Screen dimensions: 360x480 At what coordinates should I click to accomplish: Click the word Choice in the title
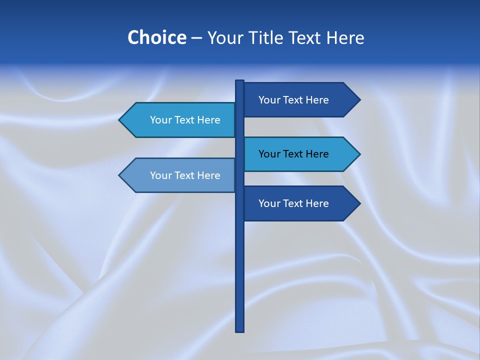(156, 37)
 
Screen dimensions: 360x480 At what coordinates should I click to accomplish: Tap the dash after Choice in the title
(196, 38)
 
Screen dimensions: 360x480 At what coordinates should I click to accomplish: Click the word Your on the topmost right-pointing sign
(269, 100)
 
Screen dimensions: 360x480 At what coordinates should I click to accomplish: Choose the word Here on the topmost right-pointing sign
(317, 100)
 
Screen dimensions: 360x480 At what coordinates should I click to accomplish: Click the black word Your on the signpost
(269, 154)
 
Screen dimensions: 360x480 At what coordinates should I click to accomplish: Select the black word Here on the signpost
(317, 154)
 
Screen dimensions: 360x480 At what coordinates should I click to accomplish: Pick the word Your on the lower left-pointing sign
(160, 175)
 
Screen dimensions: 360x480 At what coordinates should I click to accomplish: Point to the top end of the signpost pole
(239, 81)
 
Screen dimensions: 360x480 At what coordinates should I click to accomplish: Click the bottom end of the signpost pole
(239, 330)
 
